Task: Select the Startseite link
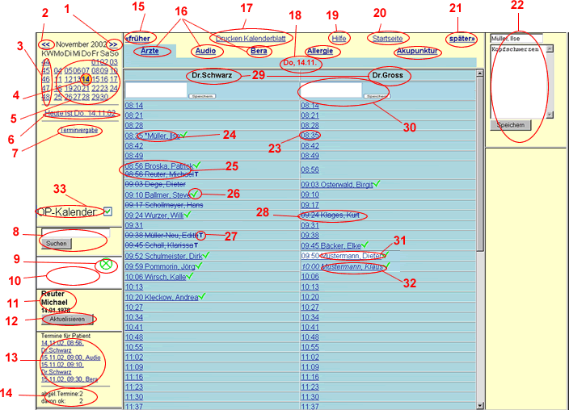click(387, 38)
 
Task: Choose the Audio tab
click(205, 52)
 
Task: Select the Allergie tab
click(322, 52)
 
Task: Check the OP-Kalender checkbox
click(107, 211)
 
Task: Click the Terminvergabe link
click(79, 130)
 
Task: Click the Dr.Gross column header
click(385, 75)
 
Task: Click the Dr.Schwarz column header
click(208, 75)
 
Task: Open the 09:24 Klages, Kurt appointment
click(333, 215)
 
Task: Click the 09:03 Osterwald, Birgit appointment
click(335, 184)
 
